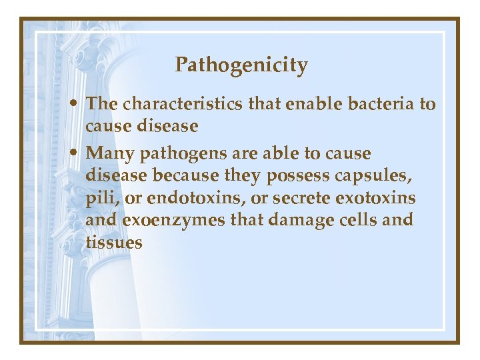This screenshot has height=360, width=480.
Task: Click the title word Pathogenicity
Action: click(241, 66)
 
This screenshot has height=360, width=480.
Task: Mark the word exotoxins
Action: click(382, 198)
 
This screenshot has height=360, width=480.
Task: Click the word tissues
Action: click(114, 242)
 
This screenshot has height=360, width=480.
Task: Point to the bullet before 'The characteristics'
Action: click(78, 105)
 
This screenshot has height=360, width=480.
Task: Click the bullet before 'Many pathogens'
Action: click(78, 154)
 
